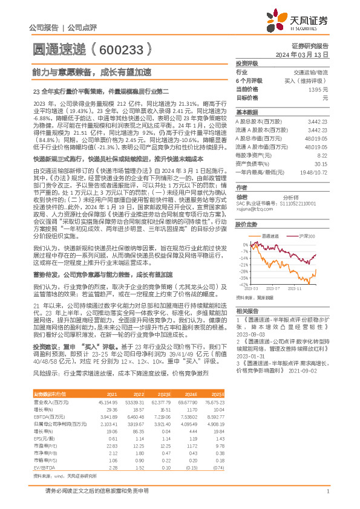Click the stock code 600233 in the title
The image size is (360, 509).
pos(121,47)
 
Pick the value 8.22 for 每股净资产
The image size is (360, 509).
pos(323,155)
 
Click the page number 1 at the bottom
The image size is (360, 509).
pos(327,498)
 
